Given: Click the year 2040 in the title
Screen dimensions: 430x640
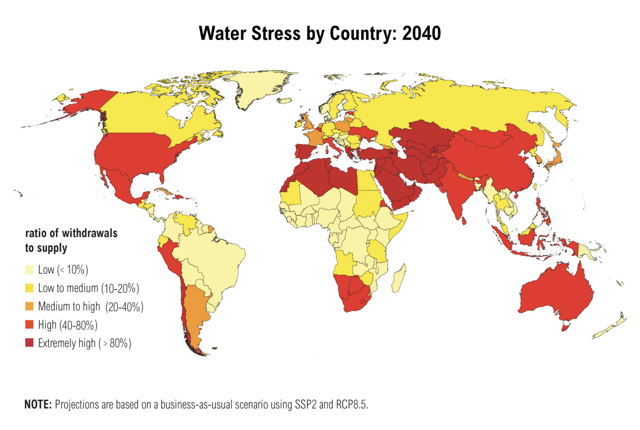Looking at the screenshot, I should (x=421, y=33).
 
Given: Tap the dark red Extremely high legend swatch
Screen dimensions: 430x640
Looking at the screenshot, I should (x=29, y=343).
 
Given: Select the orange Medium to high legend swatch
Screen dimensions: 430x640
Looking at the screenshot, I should (x=29, y=306).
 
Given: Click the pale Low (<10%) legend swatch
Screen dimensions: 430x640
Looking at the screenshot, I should (x=29, y=270).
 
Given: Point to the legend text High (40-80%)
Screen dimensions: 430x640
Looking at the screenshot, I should (x=68, y=325).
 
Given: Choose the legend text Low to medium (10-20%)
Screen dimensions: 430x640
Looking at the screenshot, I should (x=88, y=288).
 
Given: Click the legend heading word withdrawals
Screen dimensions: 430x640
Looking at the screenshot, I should (x=90, y=233).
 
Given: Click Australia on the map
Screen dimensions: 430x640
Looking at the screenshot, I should (x=557, y=293).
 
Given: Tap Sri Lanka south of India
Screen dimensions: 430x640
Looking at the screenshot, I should (x=464, y=220).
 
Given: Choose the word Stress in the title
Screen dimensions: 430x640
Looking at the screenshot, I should (x=276, y=33).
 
